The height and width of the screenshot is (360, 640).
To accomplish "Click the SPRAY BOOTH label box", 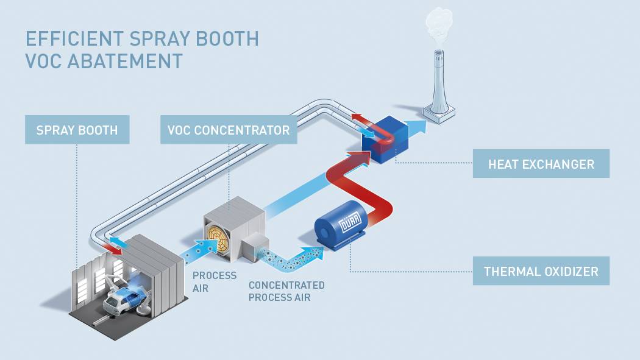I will pyautogui.click(x=77, y=130).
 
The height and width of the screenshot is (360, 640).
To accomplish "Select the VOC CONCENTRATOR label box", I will pyautogui.click(x=229, y=130).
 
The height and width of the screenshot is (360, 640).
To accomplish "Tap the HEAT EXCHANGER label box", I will pyautogui.click(x=541, y=164).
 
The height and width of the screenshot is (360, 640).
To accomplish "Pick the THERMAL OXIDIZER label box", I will pyautogui.click(x=541, y=271).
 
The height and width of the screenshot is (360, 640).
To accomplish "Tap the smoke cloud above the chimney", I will pyautogui.click(x=439, y=24).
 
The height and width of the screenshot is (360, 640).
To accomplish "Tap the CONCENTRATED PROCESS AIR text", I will pyautogui.click(x=286, y=291).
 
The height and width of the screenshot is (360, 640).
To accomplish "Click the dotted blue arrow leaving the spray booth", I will pyautogui.click(x=201, y=249).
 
